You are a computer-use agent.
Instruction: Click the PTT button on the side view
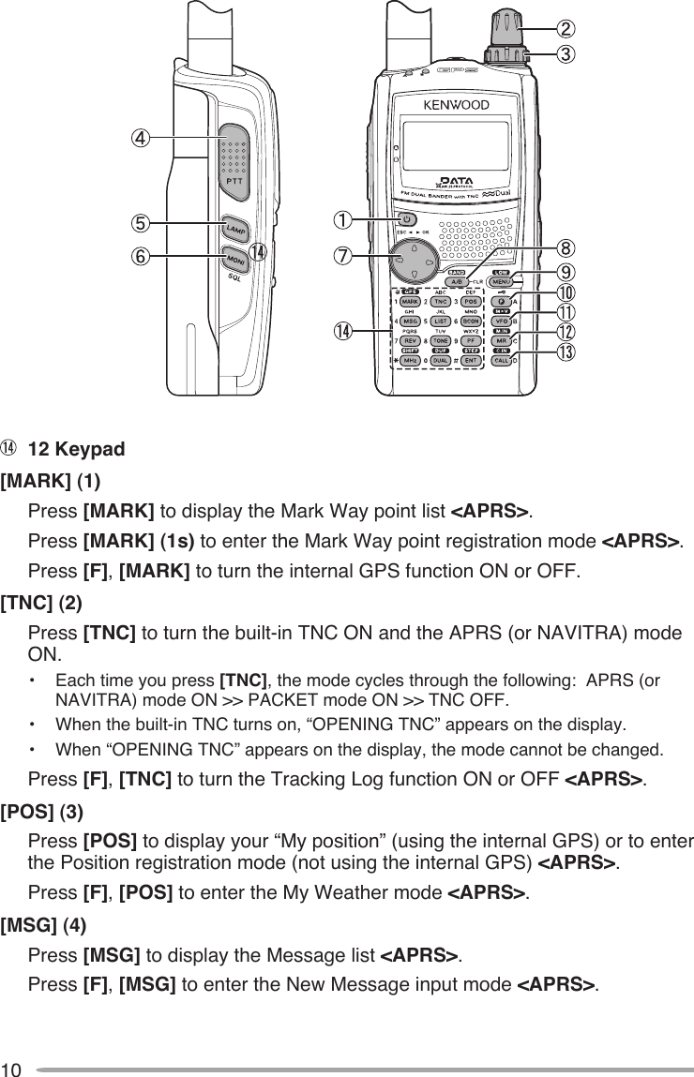234,162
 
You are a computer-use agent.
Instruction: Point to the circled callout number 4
139,139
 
